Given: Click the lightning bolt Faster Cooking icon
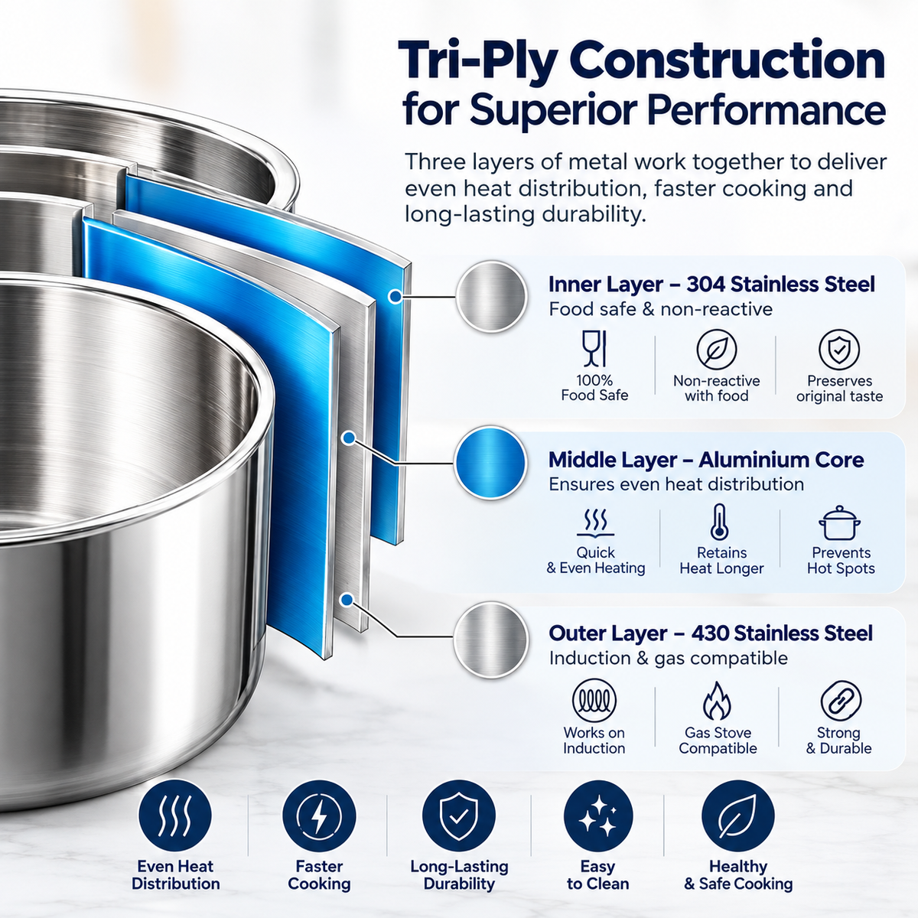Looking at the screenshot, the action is click(319, 816).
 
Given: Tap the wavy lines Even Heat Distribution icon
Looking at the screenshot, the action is click(175, 816).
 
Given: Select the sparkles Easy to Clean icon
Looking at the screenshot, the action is click(598, 816).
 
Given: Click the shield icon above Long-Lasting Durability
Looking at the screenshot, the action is click(459, 816).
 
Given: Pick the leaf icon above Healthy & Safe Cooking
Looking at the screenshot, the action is click(738, 816).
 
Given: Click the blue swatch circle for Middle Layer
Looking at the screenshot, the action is click(490, 463).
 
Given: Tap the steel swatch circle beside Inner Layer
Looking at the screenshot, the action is click(492, 296).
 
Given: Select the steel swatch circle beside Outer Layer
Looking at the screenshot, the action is click(490, 640).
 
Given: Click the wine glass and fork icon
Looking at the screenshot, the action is click(594, 349).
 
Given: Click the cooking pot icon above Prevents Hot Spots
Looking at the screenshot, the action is click(839, 523).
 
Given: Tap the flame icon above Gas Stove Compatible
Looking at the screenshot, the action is click(717, 700).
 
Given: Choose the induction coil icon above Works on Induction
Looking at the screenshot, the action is click(594, 700).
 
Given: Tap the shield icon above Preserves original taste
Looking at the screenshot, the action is click(839, 350).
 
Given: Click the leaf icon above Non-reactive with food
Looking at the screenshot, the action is click(717, 350).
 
